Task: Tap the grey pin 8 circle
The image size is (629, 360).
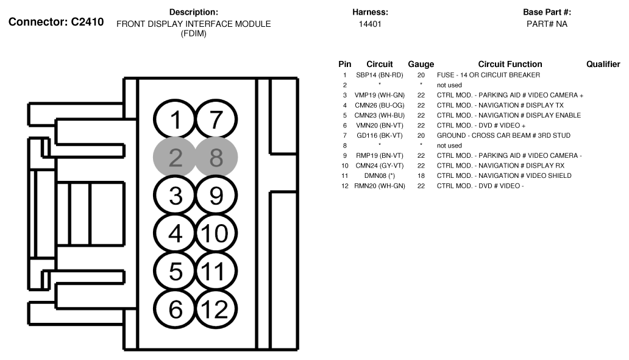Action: click(216, 157)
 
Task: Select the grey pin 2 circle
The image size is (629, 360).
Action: click(175, 157)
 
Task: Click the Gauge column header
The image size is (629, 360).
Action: click(421, 64)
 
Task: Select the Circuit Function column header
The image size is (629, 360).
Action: click(510, 64)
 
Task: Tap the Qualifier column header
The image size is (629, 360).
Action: click(603, 64)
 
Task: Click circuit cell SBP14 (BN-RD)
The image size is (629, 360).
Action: click(380, 75)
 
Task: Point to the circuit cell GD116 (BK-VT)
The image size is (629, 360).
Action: click(380, 135)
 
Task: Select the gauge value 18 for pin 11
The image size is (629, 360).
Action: click(421, 175)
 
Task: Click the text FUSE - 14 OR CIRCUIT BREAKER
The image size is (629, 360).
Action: click(488, 75)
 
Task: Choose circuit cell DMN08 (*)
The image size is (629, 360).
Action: click(380, 175)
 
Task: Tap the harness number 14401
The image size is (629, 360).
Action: click(370, 24)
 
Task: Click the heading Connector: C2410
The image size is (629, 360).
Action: click(56, 22)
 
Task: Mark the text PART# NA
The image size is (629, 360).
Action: click(547, 24)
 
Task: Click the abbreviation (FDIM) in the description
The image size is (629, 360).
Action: click(193, 34)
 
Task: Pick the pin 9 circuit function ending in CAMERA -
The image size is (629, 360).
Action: click(509, 155)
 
